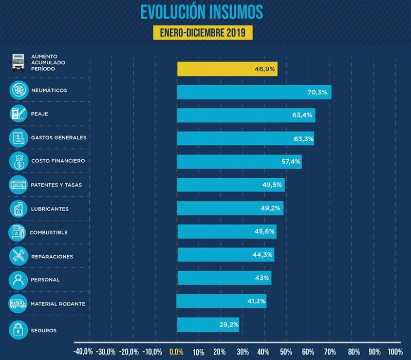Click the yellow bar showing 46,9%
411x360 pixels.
click(x=227, y=69)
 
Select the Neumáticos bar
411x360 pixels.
click(x=254, y=92)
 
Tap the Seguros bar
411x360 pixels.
click(x=208, y=325)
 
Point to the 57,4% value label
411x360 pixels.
click(x=289, y=162)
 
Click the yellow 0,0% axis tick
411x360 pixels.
click(x=176, y=352)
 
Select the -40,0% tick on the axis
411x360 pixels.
click(x=83, y=352)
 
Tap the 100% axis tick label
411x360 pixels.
click(x=395, y=352)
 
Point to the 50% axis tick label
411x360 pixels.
click(x=286, y=352)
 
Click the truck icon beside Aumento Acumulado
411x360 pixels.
click(x=18, y=63)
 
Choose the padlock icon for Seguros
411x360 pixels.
click(x=18, y=330)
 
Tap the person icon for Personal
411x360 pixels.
click(x=18, y=280)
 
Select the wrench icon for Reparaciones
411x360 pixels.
click(x=18, y=256)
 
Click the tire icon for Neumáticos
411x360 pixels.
click(x=18, y=90)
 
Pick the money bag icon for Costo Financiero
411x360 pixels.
click(x=18, y=161)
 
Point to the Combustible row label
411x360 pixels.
click(x=49, y=233)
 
